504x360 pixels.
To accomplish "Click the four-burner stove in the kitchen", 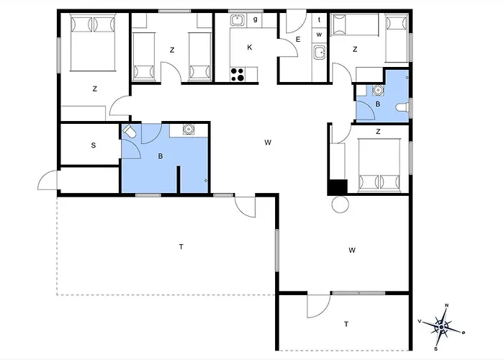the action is pos(238,74).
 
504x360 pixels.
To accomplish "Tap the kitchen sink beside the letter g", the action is pos(238,20).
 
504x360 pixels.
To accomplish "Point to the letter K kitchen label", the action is pos(249,48).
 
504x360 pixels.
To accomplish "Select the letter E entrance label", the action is pos(298,40).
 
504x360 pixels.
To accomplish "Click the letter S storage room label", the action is pos(94,145).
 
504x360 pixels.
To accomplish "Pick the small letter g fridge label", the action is pos(255,19).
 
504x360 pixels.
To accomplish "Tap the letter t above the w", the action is pos(319,20).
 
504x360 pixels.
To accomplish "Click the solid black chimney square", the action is pos(338,187).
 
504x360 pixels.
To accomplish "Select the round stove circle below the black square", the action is pos(340,204).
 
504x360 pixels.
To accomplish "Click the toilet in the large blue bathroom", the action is pos(130,131).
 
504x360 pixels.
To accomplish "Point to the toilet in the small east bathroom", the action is pos(402,107).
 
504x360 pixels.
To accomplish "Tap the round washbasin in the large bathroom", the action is pos(189,129).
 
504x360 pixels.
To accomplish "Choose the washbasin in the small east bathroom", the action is pos(378,90).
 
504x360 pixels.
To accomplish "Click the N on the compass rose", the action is pos(447,305).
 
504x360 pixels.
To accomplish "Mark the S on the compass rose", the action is pos(436,348).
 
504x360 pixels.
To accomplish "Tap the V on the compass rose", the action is pos(420,321).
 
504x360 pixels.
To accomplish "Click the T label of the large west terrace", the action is pos(181,247).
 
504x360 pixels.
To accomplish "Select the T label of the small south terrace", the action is pos(346,324).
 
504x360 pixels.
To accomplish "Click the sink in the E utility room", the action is pos(320,53).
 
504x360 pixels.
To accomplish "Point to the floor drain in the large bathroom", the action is pos(206,181).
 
